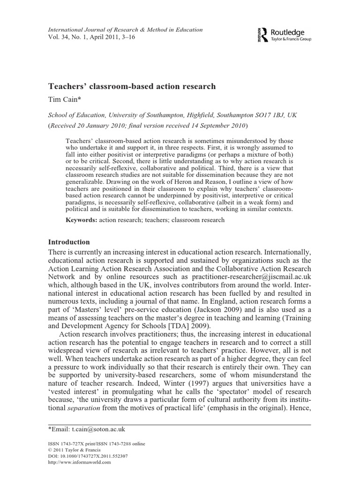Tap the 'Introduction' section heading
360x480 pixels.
[69, 242]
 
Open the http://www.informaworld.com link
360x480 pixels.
[79, 462]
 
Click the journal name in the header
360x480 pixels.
[126, 30]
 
